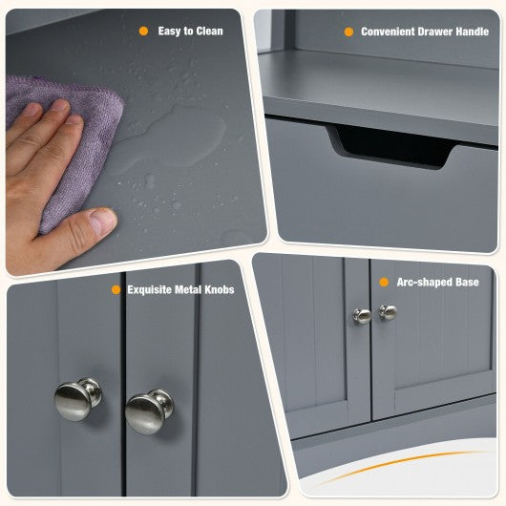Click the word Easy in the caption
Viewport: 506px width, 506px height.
pyautogui.click(x=169, y=32)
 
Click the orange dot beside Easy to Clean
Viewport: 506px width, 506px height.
pyautogui.click(x=143, y=31)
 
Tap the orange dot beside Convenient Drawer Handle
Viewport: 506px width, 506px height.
pyautogui.click(x=348, y=32)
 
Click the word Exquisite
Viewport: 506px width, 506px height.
pyautogui.click(x=149, y=290)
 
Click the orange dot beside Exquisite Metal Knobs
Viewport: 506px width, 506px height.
pyautogui.click(x=116, y=289)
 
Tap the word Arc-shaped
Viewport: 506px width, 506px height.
pyautogui.click(x=425, y=283)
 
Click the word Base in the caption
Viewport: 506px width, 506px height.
pyautogui.click(x=467, y=282)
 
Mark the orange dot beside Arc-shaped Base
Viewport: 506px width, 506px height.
pyautogui.click(x=384, y=282)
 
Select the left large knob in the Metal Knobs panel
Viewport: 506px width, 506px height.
pyautogui.click(x=77, y=399)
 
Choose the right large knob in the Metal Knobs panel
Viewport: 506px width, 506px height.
pyautogui.click(x=149, y=411)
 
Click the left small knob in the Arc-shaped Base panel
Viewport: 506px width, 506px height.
pyautogui.click(x=362, y=316)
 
